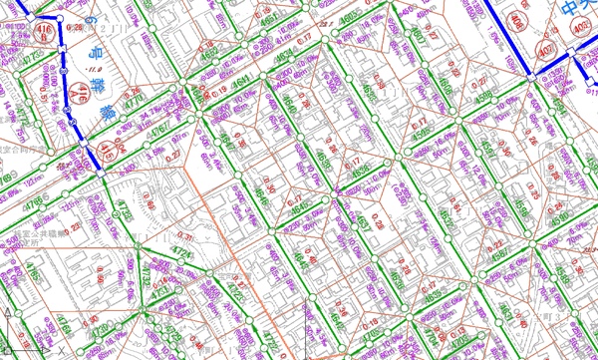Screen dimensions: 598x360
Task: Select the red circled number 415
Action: click(107, 152)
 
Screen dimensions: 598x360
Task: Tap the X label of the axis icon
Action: click(62, 351)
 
